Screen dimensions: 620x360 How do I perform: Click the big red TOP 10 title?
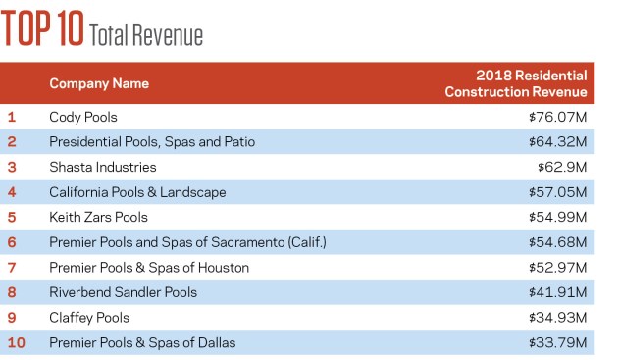(x=42, y=28)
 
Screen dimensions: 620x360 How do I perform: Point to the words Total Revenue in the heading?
(x=146, y=34)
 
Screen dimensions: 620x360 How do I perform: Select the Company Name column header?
(x=99, y=83)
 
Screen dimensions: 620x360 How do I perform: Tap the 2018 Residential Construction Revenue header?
(x=516, y=83)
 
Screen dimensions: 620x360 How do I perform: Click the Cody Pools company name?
(x=83, y=117)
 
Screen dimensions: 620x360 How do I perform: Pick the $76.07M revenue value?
(x=557, y=117)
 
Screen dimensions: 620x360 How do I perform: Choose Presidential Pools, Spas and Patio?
(x=152, y=142)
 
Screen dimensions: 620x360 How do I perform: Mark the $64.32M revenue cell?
(x=557, y=141)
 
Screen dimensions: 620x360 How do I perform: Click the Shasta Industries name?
(x=103, y=167)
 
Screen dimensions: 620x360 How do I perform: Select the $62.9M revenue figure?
(x=562, y=167)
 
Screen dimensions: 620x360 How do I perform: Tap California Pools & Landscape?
(x=137, y=192)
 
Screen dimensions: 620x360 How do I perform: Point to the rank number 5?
(x=12, y=217)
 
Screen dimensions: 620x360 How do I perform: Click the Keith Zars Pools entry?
(x=98, y=217)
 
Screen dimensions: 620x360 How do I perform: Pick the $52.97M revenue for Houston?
(x=557, y=267)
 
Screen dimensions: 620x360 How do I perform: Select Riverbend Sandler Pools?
(x=123, y=292)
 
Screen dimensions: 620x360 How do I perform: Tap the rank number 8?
(x=12, y=292)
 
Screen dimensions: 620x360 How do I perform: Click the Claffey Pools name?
(x=89, y=318)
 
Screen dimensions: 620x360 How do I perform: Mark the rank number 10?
(x=17, y=342)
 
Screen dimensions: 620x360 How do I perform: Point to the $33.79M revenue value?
(x=557, y=342)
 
